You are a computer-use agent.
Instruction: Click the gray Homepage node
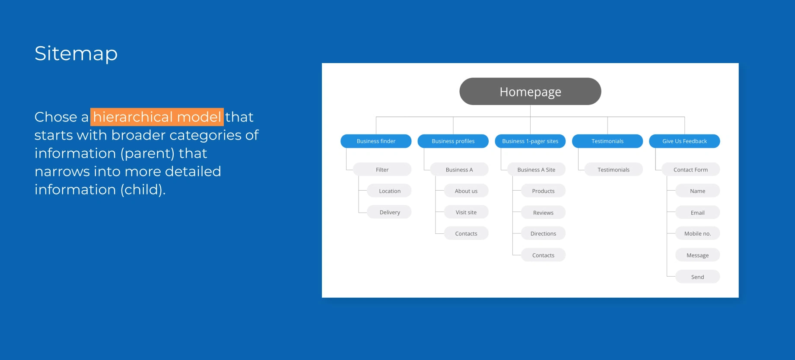530,91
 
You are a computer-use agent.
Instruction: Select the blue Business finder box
376,141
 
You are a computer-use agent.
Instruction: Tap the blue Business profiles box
453,141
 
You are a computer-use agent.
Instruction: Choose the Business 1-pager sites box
530,141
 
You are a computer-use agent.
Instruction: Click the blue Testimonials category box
607,141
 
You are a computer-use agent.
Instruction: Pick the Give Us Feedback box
684,141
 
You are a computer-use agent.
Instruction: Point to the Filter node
382,169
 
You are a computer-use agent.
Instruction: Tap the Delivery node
389,212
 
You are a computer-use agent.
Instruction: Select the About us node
466,191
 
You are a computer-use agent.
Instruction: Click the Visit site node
466,212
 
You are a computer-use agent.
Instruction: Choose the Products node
543,191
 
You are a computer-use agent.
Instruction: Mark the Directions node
543,233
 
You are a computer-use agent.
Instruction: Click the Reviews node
543,212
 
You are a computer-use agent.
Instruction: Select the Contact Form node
690,169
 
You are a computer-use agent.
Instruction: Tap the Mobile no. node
697,233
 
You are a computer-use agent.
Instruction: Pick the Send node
697,277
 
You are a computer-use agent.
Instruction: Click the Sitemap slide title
76,54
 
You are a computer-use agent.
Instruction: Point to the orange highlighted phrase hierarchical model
157,117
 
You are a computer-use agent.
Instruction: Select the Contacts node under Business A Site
543,255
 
